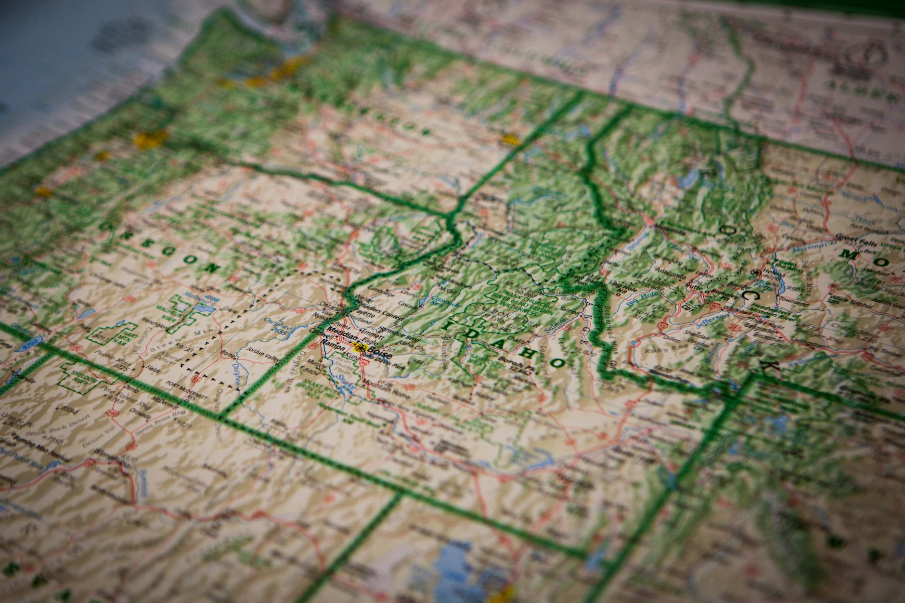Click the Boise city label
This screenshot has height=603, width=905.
pos(379,354)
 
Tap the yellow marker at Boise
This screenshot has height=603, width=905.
pos(359,348)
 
